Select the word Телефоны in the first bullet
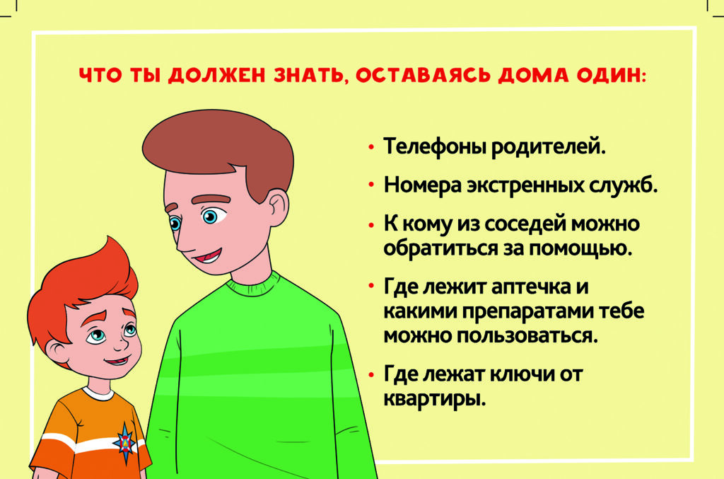pyautogui.click(x=435, y=147)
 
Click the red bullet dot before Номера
pyautogui.click(x=370, y=185)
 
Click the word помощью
pyautogui.click(x=580, y=249)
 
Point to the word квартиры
pyautogui.click(x=435, y=398)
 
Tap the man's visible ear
pyautogui.click(x=277, y=208)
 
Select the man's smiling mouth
pyautogui.click(x=207, y=255)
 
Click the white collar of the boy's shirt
pyautogui.click(x=98, y=393)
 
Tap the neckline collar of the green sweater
pyautogui.click(x=253, y=284)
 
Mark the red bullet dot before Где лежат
pyautogui.click(x=370, y=374)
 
